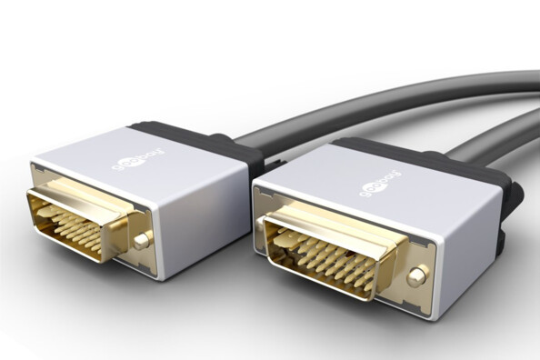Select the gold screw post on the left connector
140,241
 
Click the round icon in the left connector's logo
117,165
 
